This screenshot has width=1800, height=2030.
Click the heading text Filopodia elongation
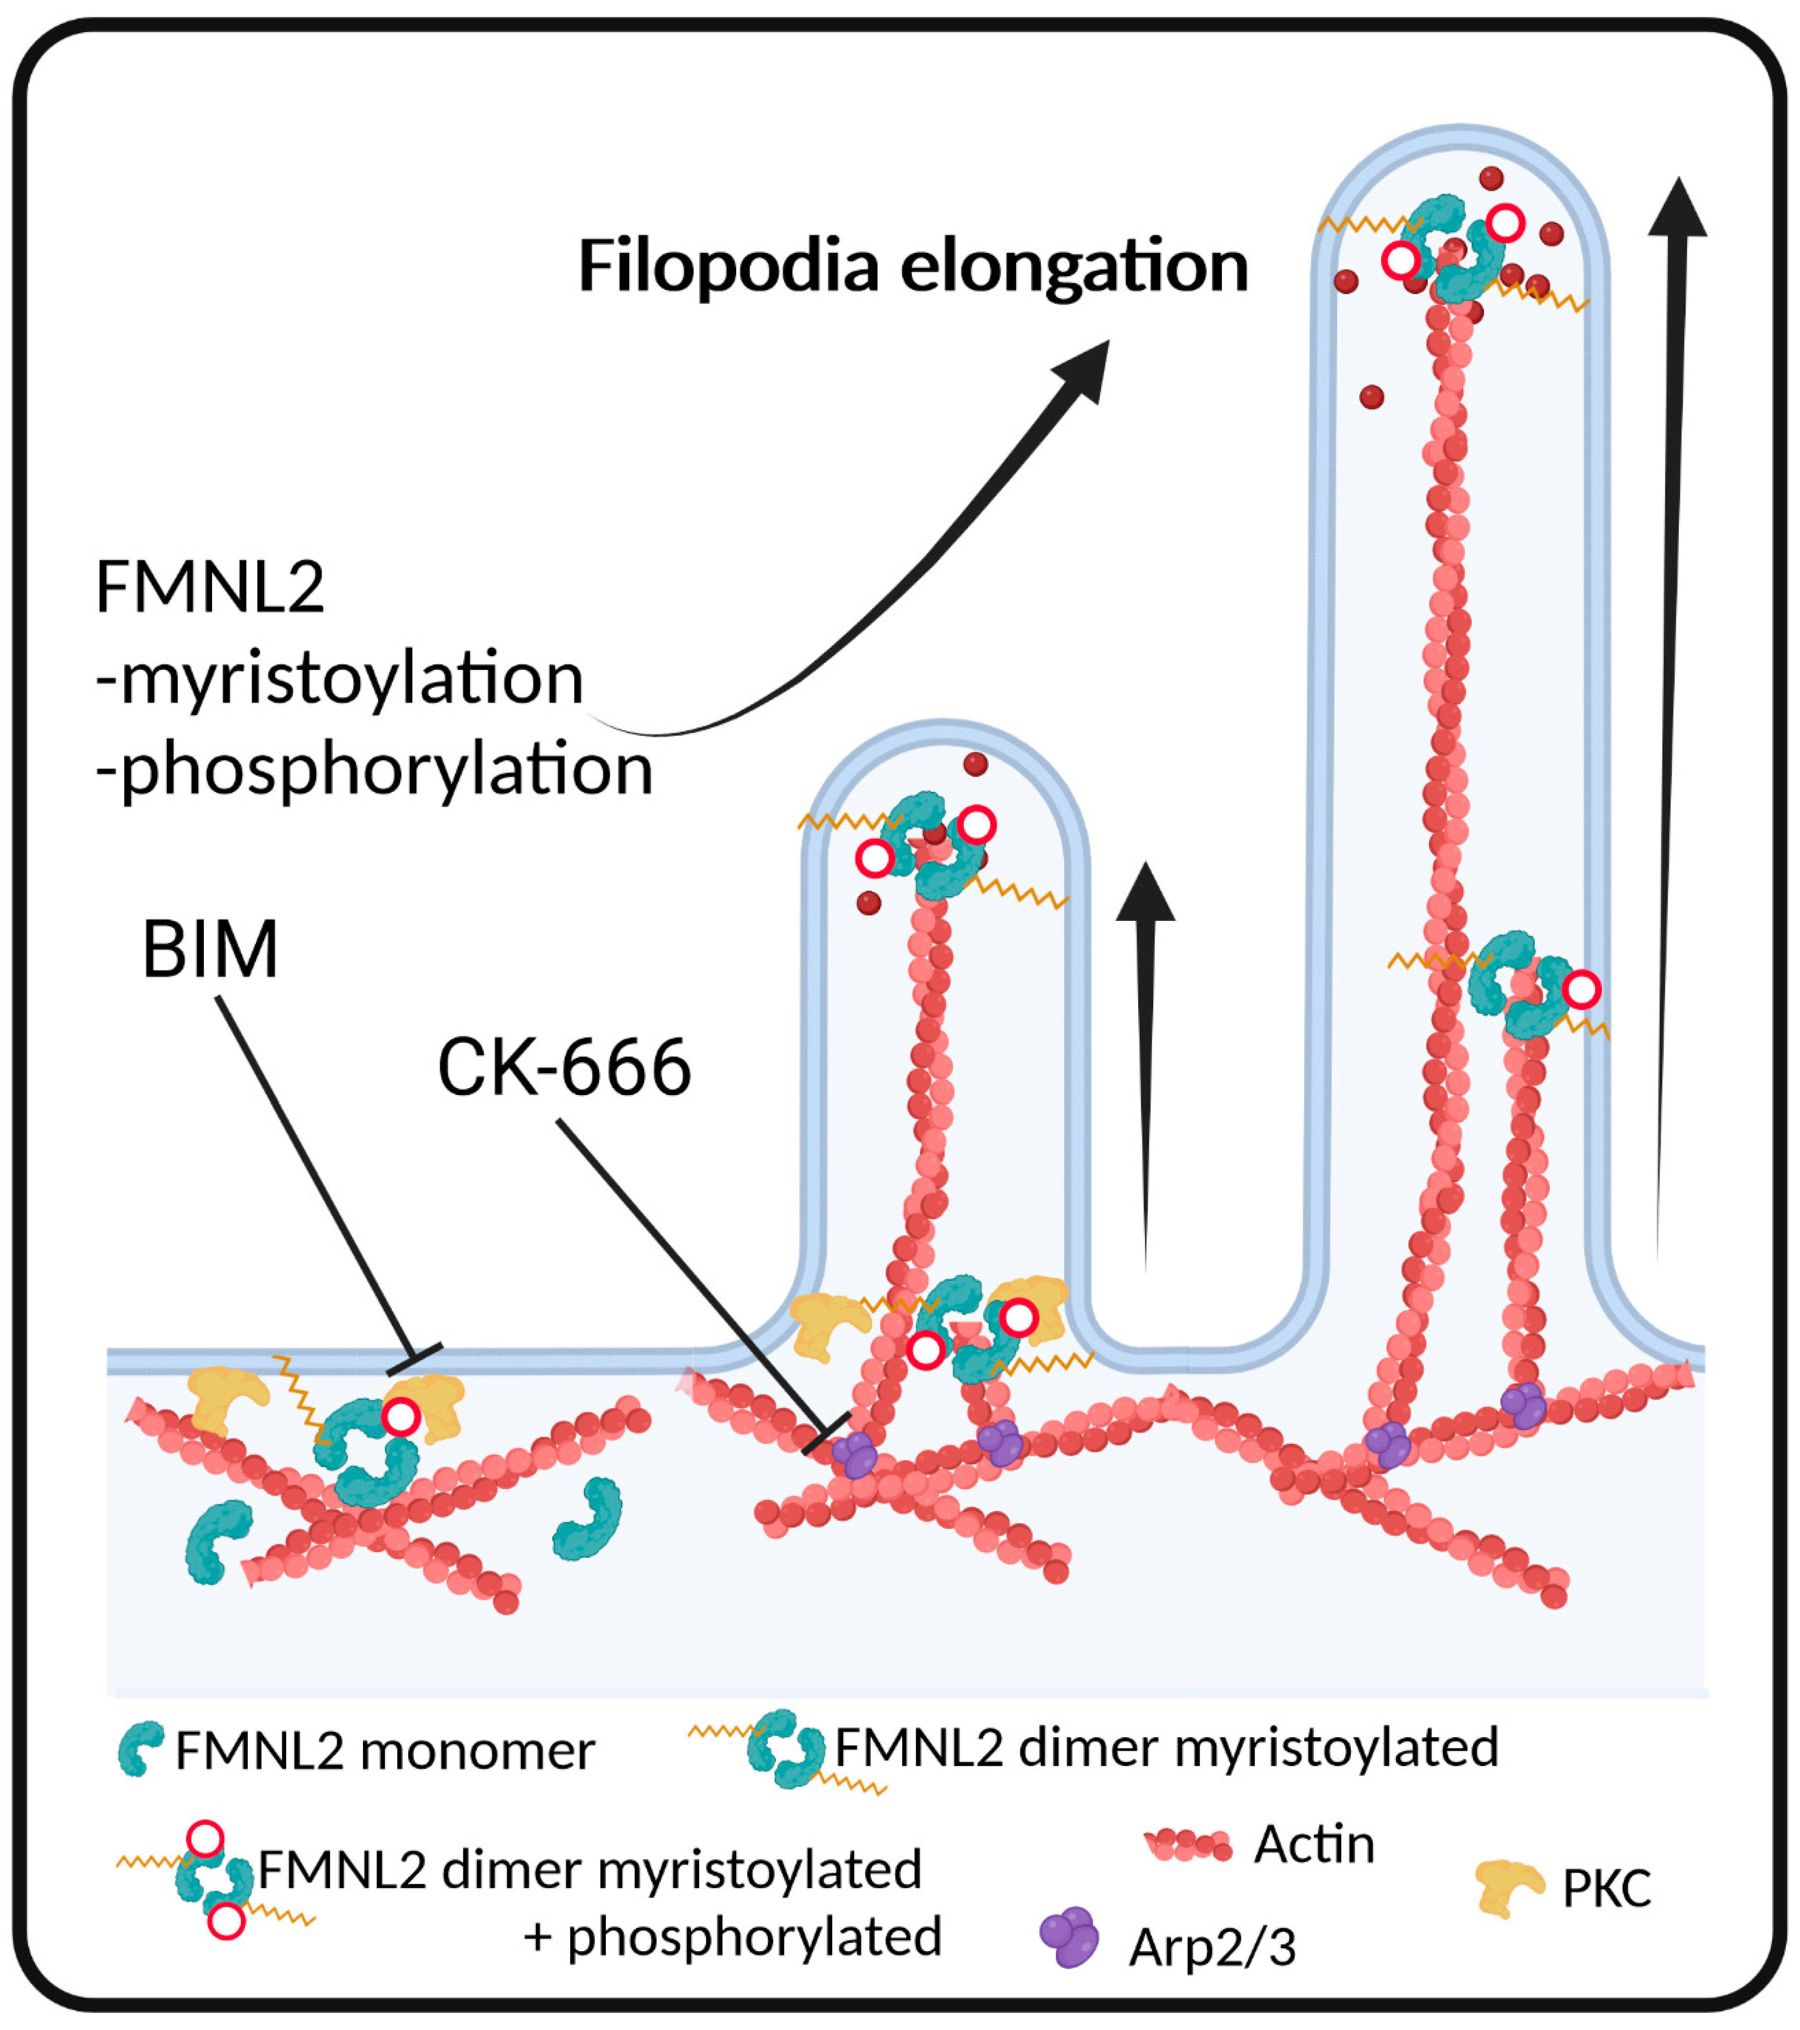pos(912,266)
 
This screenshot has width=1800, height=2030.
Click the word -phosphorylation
pos(375,770)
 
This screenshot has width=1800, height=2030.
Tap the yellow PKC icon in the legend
pos(1506,1887)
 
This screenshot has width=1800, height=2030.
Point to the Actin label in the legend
pos(1313,1844)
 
